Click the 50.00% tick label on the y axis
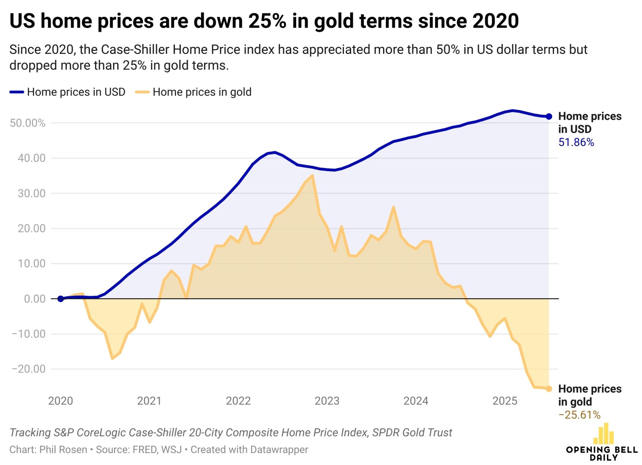point(27,123)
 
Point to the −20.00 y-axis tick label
point(28,369)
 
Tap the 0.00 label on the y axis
point(34,299)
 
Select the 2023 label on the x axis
point(327,401)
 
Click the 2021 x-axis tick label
point(149,401)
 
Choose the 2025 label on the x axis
point(505,401)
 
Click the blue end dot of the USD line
point(549,116)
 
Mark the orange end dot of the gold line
point(549,389)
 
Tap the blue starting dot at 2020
point(61,299)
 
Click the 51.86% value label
point(576,142)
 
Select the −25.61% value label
point(579,415)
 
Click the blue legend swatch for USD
point(17,92)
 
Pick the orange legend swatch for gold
point(142,92)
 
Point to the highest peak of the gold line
point(312,175)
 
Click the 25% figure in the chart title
point(267,21)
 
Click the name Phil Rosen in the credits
point(63,450)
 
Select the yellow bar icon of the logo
point(604,434)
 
